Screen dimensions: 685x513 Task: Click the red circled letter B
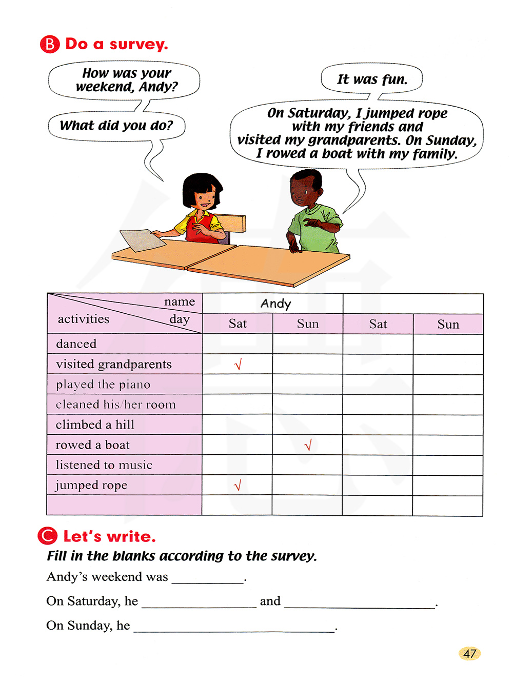point(49,45)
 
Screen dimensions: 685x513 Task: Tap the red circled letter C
point(47,536)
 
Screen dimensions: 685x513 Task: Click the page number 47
point(469,653)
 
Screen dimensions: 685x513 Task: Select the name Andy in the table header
point(275,304)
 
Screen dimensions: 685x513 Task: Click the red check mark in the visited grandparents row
point(238,365)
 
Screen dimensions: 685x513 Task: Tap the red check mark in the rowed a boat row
point(308,445)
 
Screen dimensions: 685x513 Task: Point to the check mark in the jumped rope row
point(237,485)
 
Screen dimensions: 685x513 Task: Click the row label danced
point(76,344)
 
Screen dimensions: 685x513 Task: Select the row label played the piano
point(103,385)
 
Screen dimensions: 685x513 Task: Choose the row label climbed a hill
point(95,425)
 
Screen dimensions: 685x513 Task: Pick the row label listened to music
point(104,465)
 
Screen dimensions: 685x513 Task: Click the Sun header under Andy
point(308,324)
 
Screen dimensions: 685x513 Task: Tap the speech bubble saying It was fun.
point(372,79)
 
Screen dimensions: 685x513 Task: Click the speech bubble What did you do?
point(116,126)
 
